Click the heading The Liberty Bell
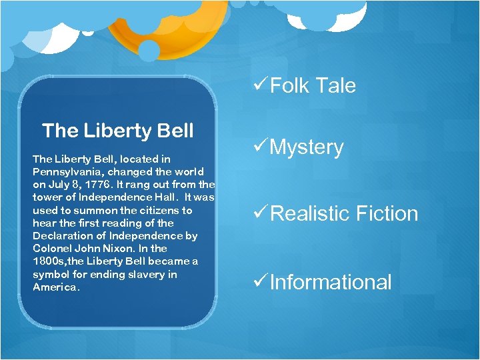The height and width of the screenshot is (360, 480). (117, 131)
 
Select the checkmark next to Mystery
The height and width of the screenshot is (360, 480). (259, 146)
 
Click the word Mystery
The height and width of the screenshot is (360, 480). (307, 147)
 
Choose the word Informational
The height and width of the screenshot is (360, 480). (331, 282)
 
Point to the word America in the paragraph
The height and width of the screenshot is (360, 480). (55, 287)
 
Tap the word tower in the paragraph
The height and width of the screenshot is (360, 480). (47, 197)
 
